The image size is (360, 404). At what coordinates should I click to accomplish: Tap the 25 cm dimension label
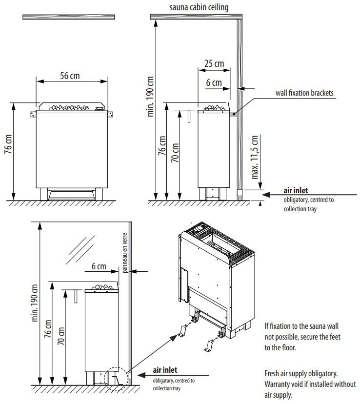(x=214, y=64)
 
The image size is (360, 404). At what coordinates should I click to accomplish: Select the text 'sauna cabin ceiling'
(x=199, y=7)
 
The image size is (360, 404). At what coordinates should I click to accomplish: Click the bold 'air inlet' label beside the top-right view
(x=296, y=191)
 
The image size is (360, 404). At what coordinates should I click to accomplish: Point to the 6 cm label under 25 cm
(x=214, y=83)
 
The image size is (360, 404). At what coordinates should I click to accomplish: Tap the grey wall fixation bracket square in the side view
(x=233, y=114)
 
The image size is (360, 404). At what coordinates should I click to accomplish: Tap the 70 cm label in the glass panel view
(x=61, y=335)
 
